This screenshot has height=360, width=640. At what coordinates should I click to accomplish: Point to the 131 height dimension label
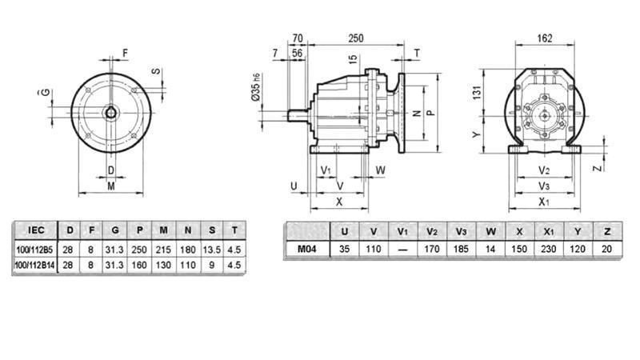tap(478, 94)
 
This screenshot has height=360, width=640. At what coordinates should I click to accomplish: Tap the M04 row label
tap(307, 249)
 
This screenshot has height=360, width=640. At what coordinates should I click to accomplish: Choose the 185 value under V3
tap(462, 249)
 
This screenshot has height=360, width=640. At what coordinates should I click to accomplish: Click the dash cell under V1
tap(403, 249)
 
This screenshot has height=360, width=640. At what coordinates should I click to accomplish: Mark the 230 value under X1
tap(549, 249)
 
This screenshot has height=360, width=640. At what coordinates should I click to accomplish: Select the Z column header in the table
tap(607, 231)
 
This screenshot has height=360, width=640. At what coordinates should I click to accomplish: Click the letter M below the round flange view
tap(110, 186)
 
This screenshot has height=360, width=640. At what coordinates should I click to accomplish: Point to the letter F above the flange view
tap(124, 54)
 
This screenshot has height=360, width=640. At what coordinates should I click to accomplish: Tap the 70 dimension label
tap(298, 38)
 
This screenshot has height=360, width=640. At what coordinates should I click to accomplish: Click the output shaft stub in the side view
tap(298, 114)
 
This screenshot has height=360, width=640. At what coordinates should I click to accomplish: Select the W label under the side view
tap(381, 170)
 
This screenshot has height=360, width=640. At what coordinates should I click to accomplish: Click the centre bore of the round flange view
tap(110, 113)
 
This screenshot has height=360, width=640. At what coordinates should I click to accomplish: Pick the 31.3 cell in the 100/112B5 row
tap(117, 249)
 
